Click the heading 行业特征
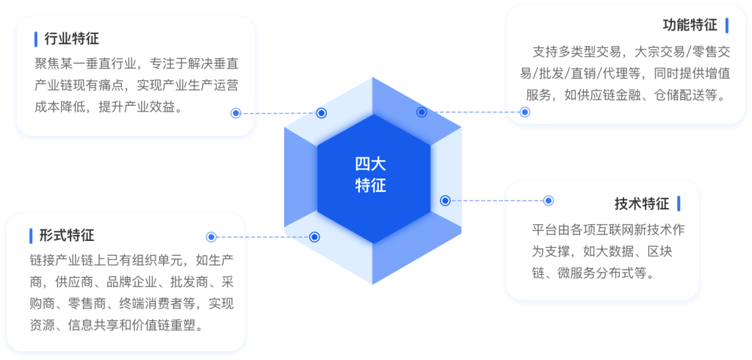coord(72,39)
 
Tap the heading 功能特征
coord(690,26)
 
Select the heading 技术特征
coord(642,204)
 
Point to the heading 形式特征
coord(67,236)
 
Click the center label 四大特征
coord(371,175)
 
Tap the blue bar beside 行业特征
coord(36,39)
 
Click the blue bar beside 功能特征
coord(727,26)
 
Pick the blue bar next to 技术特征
coord(679,204)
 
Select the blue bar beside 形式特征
coord(31,236)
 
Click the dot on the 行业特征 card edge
coord(236,113)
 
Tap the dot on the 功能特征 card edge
coord(525,112)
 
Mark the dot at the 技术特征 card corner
coord(549,200)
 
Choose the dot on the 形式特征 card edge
coord(211,237)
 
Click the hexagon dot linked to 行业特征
coord(322,113)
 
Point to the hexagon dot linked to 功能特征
coord(422,112)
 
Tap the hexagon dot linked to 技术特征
coord(445,200)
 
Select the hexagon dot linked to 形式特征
coord(314,237)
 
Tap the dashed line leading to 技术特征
coord(497,200)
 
